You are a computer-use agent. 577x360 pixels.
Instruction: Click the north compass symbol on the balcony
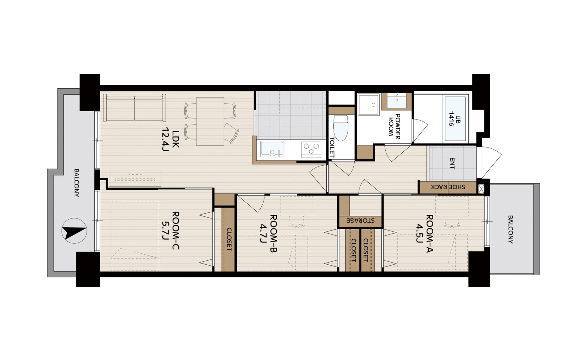point(74,230)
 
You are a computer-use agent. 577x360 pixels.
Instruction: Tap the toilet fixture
point(340,128)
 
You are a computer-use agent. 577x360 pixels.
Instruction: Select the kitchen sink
point(272,149)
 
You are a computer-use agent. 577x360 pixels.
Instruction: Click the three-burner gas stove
point(311,149)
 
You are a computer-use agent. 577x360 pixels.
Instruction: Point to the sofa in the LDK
point(134,108)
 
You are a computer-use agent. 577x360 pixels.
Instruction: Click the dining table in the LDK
point(210,121)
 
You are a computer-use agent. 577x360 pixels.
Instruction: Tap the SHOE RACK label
point(448,187)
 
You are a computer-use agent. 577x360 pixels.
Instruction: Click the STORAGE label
point(361,220)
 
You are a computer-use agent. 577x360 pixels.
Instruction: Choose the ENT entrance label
point(452,163)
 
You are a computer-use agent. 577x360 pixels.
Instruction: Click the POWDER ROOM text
point(394,126)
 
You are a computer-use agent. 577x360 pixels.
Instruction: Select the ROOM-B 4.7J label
point(268,233)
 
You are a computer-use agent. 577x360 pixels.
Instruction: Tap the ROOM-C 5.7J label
point(170,230)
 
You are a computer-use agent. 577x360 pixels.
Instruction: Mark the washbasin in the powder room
point(397,100)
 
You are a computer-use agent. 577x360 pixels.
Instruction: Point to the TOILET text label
point(332,147)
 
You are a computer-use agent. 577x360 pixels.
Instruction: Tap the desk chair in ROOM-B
point(296,222)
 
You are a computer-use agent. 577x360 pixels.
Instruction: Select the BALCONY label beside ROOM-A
point(510,229)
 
